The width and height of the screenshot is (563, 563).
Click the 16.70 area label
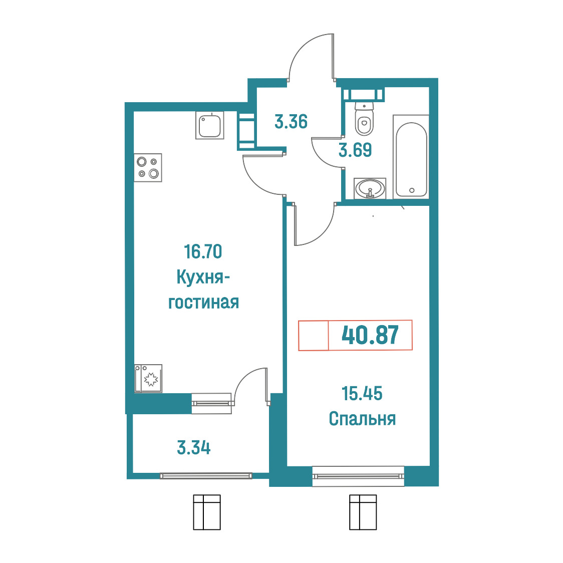203,252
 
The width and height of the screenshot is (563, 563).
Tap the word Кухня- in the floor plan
203,277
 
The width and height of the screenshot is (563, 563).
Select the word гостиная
203,303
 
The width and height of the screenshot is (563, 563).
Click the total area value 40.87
370,335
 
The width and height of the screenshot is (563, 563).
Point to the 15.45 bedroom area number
362,394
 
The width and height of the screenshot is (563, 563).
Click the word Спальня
362,419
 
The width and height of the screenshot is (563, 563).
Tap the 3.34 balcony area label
194,448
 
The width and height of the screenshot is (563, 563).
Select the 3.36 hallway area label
291,121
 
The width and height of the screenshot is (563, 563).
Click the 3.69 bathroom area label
355,150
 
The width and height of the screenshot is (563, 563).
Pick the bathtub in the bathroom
411,157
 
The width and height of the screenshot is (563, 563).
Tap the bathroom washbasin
370,188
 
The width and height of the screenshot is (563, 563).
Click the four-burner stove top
148,168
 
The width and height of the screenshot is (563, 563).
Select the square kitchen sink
210,125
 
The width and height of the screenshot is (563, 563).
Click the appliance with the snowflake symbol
148,379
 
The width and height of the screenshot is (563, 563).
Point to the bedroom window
358,476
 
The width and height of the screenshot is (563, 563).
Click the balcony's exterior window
206,476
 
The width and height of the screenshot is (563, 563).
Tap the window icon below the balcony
207,512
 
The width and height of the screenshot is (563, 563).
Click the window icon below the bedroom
363,512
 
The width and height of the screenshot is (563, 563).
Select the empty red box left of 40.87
314,335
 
